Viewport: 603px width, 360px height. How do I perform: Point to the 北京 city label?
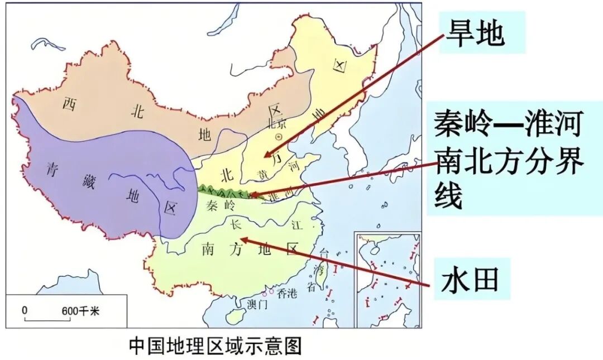(x=277, y=123)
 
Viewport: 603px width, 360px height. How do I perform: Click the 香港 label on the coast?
(x=288, y=292)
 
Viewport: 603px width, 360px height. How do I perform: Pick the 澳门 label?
(x=257, y=304)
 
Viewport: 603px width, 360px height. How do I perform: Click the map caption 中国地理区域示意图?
(x=215, y=345)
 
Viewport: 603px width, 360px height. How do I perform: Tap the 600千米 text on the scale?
(x=80, y=311)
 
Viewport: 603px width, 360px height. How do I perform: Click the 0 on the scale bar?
(x=25, y=311)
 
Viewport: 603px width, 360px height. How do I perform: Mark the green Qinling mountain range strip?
(x=223, y=193)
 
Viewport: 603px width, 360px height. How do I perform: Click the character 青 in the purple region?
(x=52, y=168)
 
